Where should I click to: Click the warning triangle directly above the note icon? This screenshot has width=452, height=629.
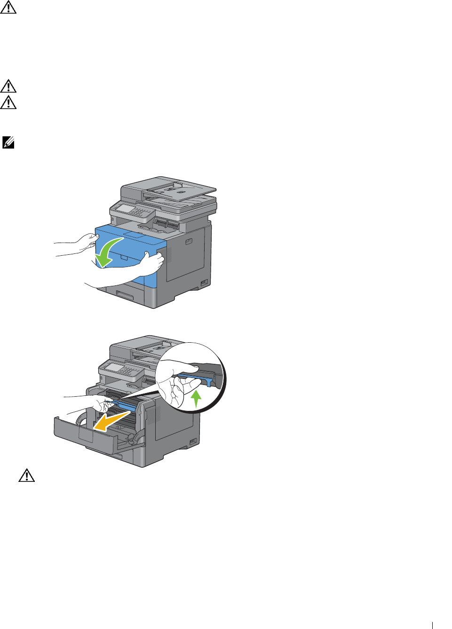click(8, 102)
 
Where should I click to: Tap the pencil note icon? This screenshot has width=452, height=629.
click(8, 142)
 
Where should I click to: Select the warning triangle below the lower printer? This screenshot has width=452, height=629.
click(27, 475)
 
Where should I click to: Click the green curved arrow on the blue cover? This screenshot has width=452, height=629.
click(108, 252)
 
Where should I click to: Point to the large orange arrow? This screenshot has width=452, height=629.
click(111, 419)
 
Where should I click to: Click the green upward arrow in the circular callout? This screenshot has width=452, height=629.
click(196, 399)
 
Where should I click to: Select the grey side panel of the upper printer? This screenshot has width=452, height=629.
click(188, 254)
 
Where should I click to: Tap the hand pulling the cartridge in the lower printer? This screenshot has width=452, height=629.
click(101, 403)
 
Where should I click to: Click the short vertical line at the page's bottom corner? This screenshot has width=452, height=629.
click(432, 625)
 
